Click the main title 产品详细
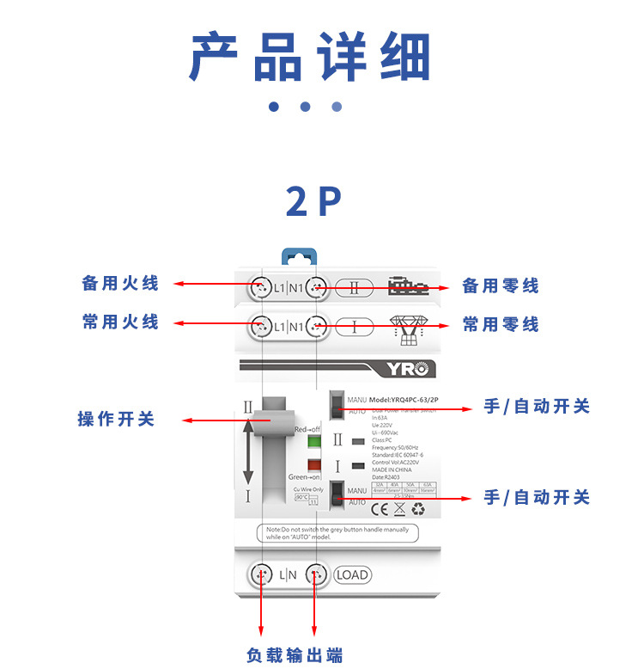point(310,58)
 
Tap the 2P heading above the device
point(313,201)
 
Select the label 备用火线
point(120,283)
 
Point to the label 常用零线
point(501,324)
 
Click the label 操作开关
point(116,419)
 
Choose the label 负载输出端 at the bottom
point(295,655)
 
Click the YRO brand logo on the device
point(407,369)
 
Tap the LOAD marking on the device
point(351,574)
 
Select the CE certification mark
point(379,508)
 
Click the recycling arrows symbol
point(418,508)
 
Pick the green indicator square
point(314,443)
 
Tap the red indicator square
point(314,465)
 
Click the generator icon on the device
point(408,285)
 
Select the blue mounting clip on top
point(299,255)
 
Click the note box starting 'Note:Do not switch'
point(337,532)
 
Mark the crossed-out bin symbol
point(398,508)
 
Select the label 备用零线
point(501,285)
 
